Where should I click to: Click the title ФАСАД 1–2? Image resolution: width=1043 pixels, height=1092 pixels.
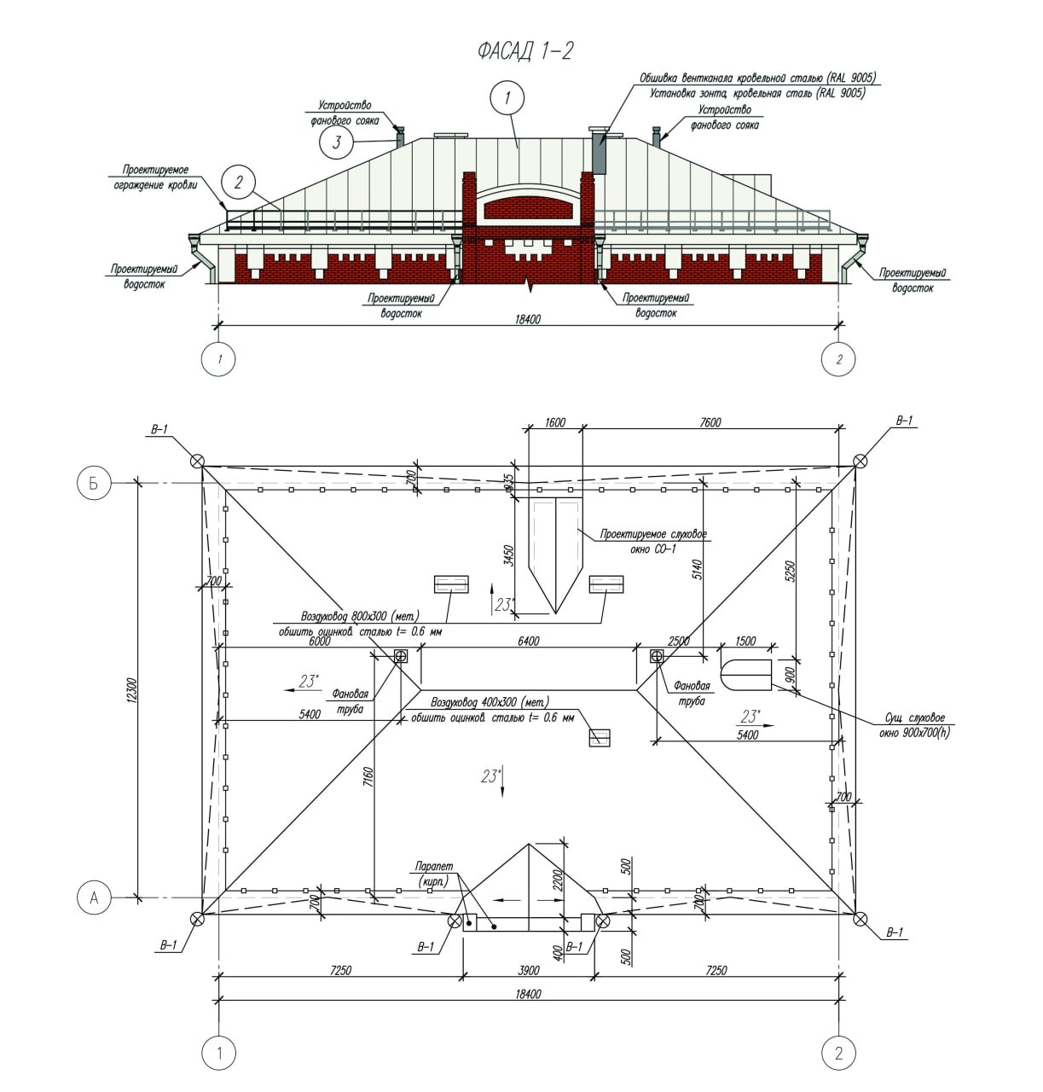click(525, 51)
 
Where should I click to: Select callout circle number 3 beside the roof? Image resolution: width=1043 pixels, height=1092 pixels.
click(337, 142)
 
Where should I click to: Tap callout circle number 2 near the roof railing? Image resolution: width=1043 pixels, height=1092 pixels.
click(239, 182)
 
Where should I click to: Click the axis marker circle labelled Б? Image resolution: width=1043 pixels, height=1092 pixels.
click(95, 483)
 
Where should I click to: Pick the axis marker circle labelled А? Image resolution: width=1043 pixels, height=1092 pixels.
click(95, 897)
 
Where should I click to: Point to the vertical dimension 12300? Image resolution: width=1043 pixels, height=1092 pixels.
click(130, 690)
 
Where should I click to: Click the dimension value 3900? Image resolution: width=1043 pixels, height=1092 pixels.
click(529, 971)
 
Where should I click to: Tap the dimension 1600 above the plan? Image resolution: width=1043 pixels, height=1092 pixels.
click(555, 422)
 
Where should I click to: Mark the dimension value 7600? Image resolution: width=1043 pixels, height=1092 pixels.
click(709, 422)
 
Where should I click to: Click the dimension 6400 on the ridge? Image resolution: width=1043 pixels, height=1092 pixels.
click(528, 641)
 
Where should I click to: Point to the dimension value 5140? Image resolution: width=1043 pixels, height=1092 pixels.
click(695, 570)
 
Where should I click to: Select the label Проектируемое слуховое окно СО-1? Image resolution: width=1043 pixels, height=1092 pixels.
click(652, 541)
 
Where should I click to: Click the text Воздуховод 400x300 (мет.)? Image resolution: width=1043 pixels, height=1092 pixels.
click(489, 702)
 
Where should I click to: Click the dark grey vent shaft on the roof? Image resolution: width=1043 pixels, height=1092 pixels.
click(599, 154)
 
